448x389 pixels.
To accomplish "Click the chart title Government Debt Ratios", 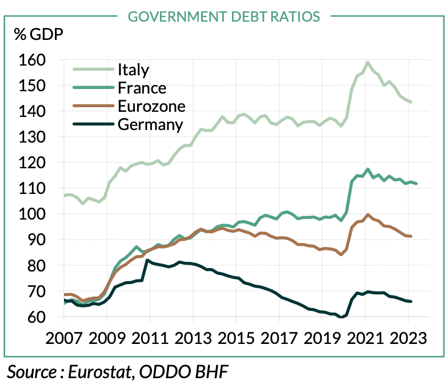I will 223,16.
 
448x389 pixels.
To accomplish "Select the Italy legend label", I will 133,70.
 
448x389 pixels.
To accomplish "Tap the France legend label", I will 142,88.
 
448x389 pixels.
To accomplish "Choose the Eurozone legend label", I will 151,106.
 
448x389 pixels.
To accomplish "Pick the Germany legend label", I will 150,124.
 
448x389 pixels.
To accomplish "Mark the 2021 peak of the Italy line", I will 367,62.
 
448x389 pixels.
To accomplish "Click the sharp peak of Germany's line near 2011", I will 148,260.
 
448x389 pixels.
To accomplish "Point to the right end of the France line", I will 417,184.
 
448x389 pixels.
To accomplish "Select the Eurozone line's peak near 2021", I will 367,214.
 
